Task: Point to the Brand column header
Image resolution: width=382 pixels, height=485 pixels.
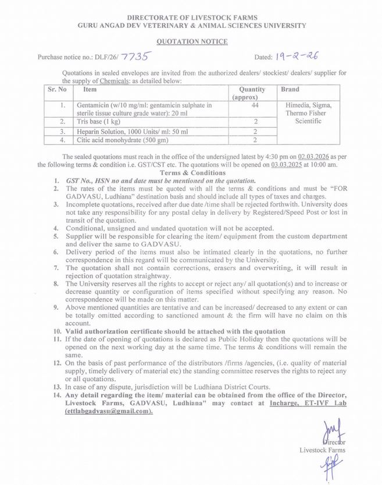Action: pos(290,90)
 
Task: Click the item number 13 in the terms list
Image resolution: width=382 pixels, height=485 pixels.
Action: pos(56,387)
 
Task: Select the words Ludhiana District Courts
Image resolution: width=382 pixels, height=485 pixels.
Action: pos(219,387)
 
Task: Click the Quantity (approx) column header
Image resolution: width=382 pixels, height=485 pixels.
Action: pos(252,93)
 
